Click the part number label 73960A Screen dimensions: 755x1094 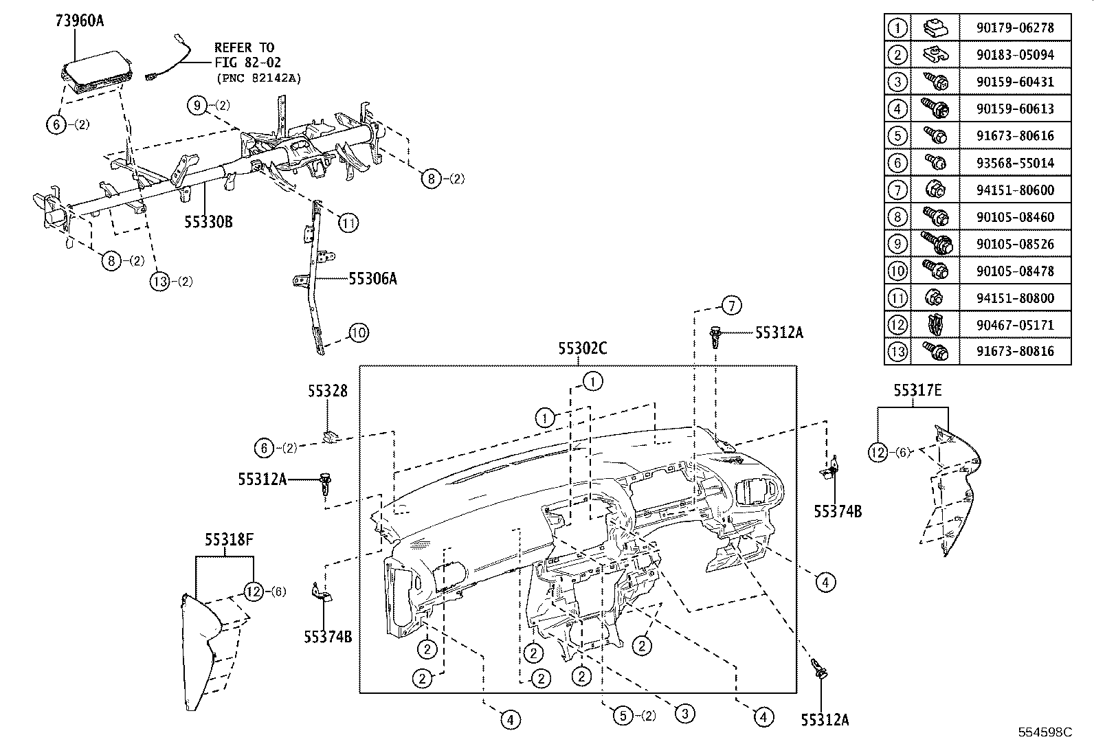click(79, 21)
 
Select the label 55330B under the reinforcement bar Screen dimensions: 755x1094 click(208, 222)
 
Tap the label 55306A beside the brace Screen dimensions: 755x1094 click(372, 278)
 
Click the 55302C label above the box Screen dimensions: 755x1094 click(582, 349)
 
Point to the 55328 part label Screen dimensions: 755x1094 click(327, 391)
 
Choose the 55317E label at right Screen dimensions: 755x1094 click(917, 391)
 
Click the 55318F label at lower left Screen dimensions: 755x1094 click(228, 541)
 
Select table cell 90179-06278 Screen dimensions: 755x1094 click(1014, 28)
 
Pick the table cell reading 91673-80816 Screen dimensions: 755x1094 click(1014, 352)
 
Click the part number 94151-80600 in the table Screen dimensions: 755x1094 click(1014, 190)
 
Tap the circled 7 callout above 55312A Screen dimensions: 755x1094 click(731, 305)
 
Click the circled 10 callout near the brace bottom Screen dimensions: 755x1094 click(358, 333)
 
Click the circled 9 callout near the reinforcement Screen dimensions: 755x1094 click(197, 106)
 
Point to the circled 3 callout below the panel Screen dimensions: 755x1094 click(684, 714)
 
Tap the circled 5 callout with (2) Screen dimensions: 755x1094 click(623, 716)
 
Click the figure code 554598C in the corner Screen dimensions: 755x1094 click(1045, 732)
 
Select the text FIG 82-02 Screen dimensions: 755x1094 click(247, 63)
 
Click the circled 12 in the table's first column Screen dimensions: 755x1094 click(897, 325)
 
